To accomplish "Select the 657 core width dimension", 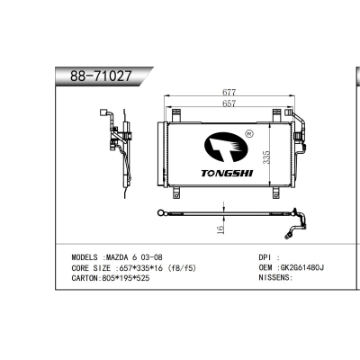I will click(x=230, y=103).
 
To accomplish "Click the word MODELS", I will click(x=85, y=256).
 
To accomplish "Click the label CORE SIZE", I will click(x=89, y=267).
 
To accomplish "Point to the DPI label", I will click(x=265, y=256).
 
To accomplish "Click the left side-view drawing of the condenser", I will click(x=115, y=148).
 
